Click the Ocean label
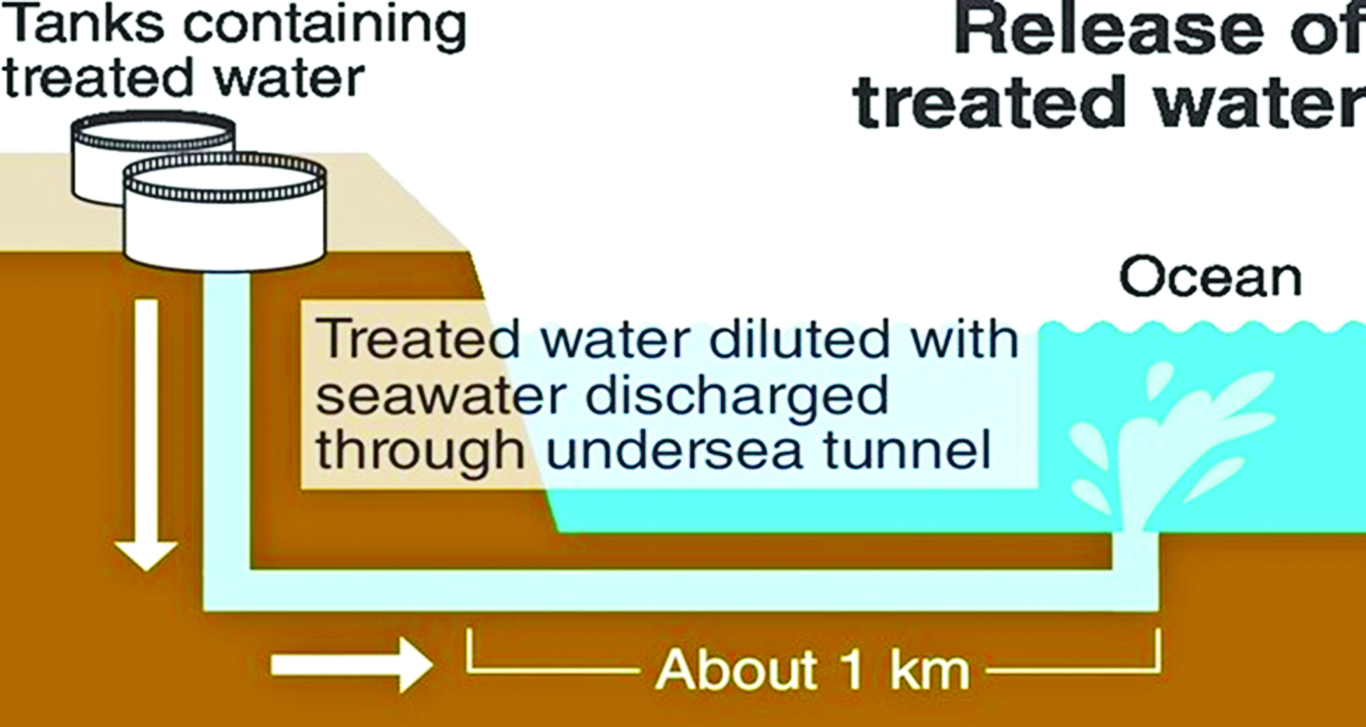1210,277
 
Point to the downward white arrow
146,434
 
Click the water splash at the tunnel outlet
1163,448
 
